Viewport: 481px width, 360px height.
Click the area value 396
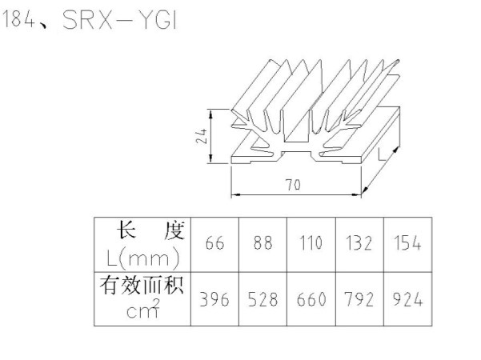214,300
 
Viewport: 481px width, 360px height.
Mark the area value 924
407,300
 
